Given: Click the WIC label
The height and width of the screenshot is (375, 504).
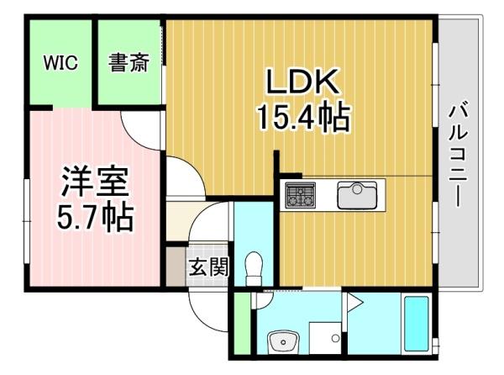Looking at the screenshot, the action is pyautogui.click(x=60, y=63).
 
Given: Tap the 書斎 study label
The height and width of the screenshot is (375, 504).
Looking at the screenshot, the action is pyautogui.click(x=129, y=62).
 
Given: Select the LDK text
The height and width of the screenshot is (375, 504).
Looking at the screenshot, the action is pyautogui.click(x=302, y=82).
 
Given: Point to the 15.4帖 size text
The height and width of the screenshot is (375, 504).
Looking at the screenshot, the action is pyautogui.click(x=303, y=116).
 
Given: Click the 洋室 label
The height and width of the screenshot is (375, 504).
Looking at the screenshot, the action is pyautogui.click(x=95, y=182).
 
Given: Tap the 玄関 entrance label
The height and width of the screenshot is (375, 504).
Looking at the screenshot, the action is pyautogui.click(x=209, y=267).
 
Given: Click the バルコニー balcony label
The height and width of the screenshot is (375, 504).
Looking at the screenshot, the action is pyautogui.click(x=459, y=154).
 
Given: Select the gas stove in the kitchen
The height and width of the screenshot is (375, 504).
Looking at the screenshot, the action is pyautogui.click(x=301, y=194).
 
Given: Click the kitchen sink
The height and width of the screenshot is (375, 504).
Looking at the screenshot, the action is pyautogui.click(x=357, y=195).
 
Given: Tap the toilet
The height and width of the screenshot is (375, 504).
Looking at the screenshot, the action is pyautogui.click(x=254, y=269).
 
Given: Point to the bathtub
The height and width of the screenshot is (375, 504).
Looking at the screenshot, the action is pyautogui.click(x=417, y=324).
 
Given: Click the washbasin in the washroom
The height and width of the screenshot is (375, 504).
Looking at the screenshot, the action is pyautogui.click(x=284, y=342).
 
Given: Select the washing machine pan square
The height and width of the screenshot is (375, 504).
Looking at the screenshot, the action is pyautogui.click(x=324, y=338).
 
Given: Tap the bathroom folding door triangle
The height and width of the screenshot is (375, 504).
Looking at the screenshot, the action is pyautogui.click(x=354, y=303).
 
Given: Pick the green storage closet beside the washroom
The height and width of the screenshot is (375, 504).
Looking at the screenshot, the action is pyautogui.click(x=242, y=324).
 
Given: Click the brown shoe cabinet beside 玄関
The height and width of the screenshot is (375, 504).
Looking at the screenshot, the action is pyautogui.click(x=176, y=267).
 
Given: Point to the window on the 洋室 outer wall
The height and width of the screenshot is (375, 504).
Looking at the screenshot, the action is pyautogui.click(x=27, y=222).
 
